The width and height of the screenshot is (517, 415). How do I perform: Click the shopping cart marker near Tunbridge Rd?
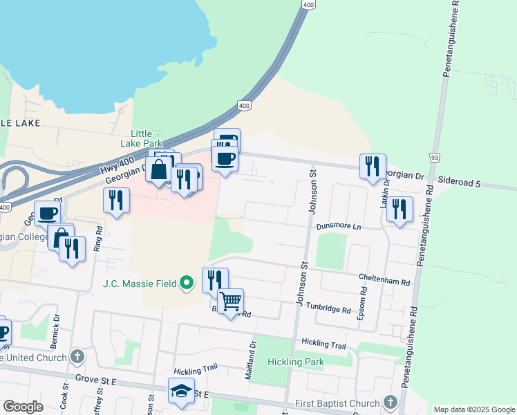(x=230, y=302)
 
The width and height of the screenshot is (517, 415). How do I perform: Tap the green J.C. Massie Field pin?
(x=186, y=283)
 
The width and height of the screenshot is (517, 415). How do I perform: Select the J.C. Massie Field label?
(x=139, y=283)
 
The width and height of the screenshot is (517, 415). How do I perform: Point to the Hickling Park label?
(x=296, y=362)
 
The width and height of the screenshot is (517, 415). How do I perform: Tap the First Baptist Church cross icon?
(x=391, y=403)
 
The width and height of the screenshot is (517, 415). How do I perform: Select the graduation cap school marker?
(x=181, y=391)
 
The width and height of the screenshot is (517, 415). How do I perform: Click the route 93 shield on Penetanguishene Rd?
(x=434, y=158)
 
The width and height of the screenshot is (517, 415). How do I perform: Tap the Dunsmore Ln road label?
(x=339, y=226)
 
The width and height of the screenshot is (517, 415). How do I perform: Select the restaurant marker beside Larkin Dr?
(x=373, y=166)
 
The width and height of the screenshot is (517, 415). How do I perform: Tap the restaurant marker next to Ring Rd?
(x=116, y=201)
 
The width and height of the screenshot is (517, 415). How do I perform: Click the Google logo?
(x=23, y=407)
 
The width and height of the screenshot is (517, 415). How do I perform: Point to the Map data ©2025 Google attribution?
(x=473, y=409)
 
